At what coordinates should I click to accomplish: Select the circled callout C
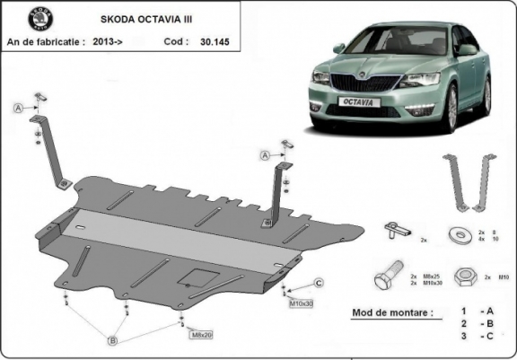(x=318, y=284)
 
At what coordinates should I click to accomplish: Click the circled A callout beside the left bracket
(x=18, y=108)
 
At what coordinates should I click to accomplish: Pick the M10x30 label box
(x=302, y=303)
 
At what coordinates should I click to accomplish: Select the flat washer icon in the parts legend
(x=465, y=235)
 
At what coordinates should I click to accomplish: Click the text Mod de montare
(x=387, y=312)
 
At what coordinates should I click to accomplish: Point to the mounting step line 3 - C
(x=475, y=336)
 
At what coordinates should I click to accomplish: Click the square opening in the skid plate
(x=197, y=277)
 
